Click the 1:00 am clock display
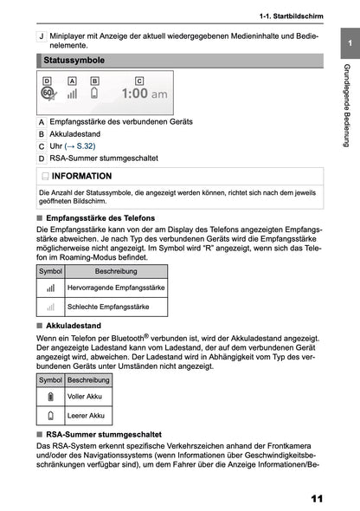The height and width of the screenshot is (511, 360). [x=144, y=94]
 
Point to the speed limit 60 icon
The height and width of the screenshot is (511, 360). [x=48, y=94]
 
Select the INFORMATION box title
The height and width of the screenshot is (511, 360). [x=81, y=176]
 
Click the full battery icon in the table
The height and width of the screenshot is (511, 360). [x=50, y=396]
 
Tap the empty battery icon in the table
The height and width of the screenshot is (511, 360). [x=50, y=416]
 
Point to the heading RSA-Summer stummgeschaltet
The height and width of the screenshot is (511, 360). [x=102, y=433]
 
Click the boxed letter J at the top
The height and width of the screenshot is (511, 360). [x=42, y=38]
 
